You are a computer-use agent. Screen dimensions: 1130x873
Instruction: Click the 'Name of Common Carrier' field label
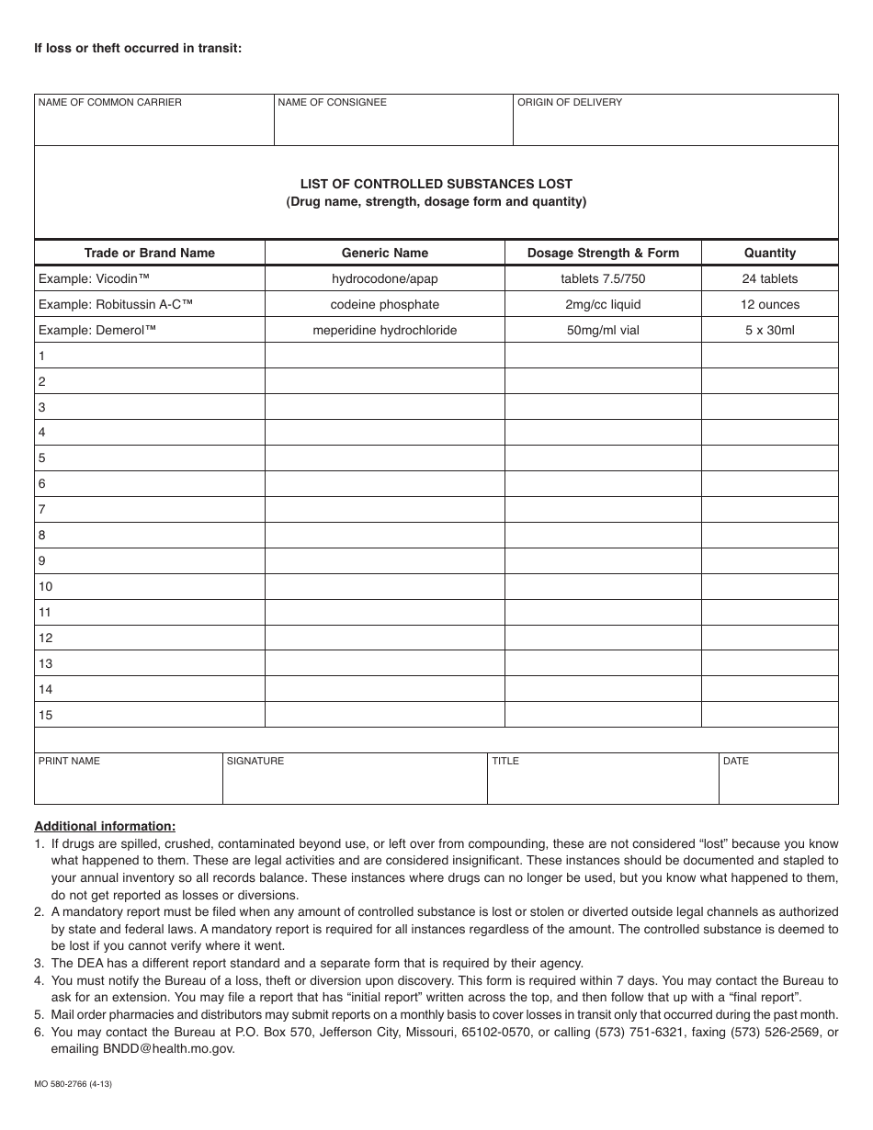[109, 102]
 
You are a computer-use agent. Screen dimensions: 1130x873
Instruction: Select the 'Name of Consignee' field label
[332, 102]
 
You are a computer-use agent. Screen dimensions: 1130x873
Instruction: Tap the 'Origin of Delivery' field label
[570, 102]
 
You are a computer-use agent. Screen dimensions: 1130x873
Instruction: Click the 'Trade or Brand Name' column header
[150, 253]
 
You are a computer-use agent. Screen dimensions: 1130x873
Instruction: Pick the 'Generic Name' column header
[385, 253]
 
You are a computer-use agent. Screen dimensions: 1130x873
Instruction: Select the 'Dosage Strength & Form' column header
[603, 253]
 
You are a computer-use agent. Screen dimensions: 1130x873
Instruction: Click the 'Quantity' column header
[770, 253]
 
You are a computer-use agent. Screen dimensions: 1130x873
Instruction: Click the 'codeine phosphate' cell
[385, 304]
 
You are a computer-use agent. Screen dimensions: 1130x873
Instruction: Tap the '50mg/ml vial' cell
[603, 330]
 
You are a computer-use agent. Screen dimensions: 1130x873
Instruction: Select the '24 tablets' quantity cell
[770, 278]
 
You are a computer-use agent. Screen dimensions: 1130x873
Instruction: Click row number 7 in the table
[42, 510]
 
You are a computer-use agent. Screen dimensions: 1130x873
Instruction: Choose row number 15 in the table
[45, 715]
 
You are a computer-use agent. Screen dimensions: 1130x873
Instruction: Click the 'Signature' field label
[255, 761]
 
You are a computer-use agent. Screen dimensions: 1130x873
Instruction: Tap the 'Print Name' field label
[69, 761]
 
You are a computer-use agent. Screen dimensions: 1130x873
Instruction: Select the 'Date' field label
[736, 761]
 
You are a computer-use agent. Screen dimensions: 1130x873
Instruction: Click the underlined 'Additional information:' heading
[105, 826]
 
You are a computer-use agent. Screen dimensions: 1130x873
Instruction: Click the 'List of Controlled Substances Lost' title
[436, 184]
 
